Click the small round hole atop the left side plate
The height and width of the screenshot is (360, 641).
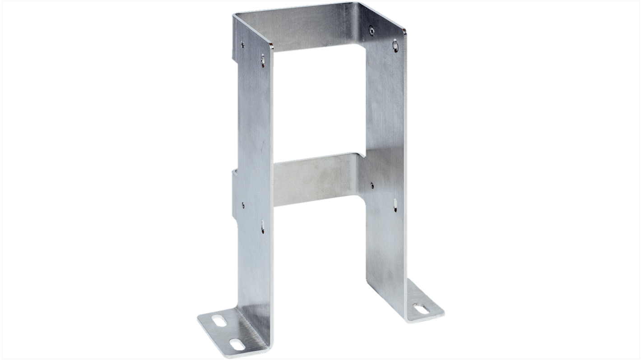pos(243,44)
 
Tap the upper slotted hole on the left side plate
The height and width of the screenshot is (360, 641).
pos(263,59)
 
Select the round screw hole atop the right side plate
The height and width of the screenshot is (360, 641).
pos(371,30)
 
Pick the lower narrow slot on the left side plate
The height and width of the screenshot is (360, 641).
pos(263,225)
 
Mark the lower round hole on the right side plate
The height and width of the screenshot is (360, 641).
pos(372,185)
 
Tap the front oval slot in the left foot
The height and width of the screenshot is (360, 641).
pos(236,345)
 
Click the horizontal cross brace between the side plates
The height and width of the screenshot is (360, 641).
pos(316,180)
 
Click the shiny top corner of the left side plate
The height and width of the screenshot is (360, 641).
pos(270,45)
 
